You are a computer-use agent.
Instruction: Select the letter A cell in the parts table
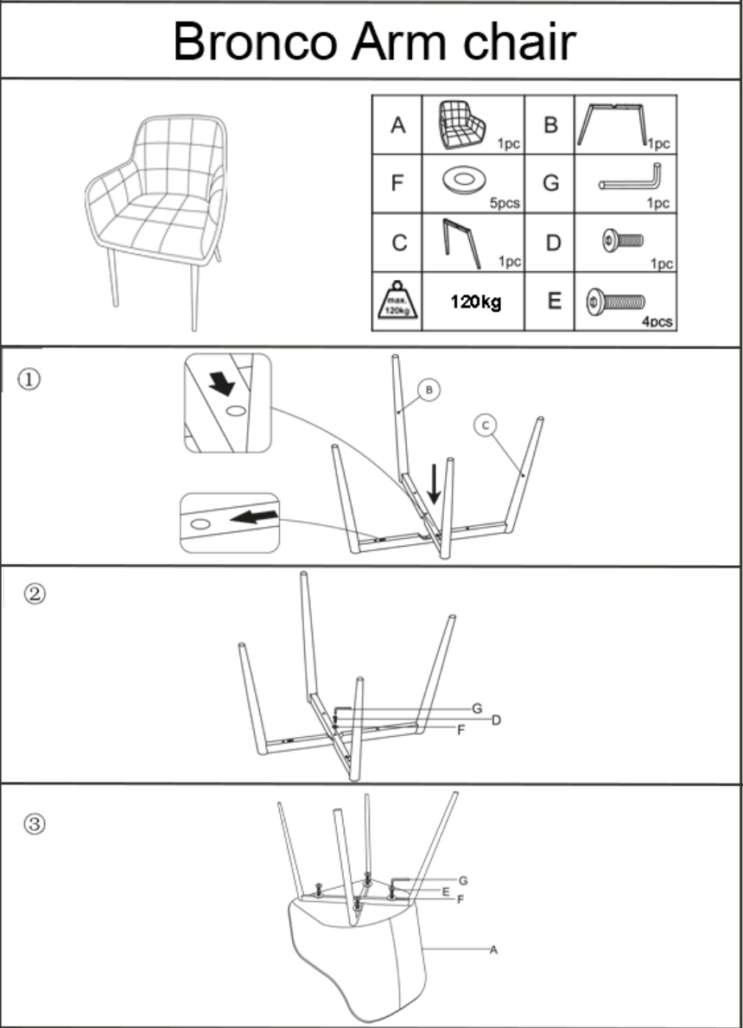397,126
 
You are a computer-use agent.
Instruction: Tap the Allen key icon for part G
630,178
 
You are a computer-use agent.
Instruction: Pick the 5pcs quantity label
505,204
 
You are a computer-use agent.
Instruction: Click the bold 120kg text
475,302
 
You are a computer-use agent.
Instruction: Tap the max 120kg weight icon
397,302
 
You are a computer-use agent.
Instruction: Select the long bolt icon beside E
615,301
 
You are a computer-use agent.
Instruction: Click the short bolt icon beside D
624,238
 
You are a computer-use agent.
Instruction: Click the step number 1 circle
30,380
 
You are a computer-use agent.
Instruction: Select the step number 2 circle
35,595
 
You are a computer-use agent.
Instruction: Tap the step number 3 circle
35,823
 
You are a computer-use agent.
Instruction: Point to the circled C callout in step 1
486,424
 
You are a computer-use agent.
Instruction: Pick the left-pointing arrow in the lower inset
255,517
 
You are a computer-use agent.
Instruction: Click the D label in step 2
496,720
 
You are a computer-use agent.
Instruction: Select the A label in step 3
493,949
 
